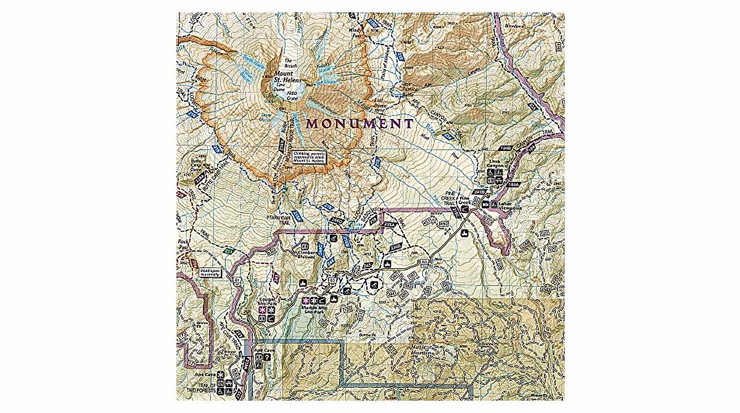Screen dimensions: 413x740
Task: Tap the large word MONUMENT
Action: tap(360, 123)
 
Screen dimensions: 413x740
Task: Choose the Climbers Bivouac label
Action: tap(306, 256)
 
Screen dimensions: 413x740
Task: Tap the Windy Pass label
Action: tap(357, 30)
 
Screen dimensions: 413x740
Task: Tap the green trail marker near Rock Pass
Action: tap(228, 251)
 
